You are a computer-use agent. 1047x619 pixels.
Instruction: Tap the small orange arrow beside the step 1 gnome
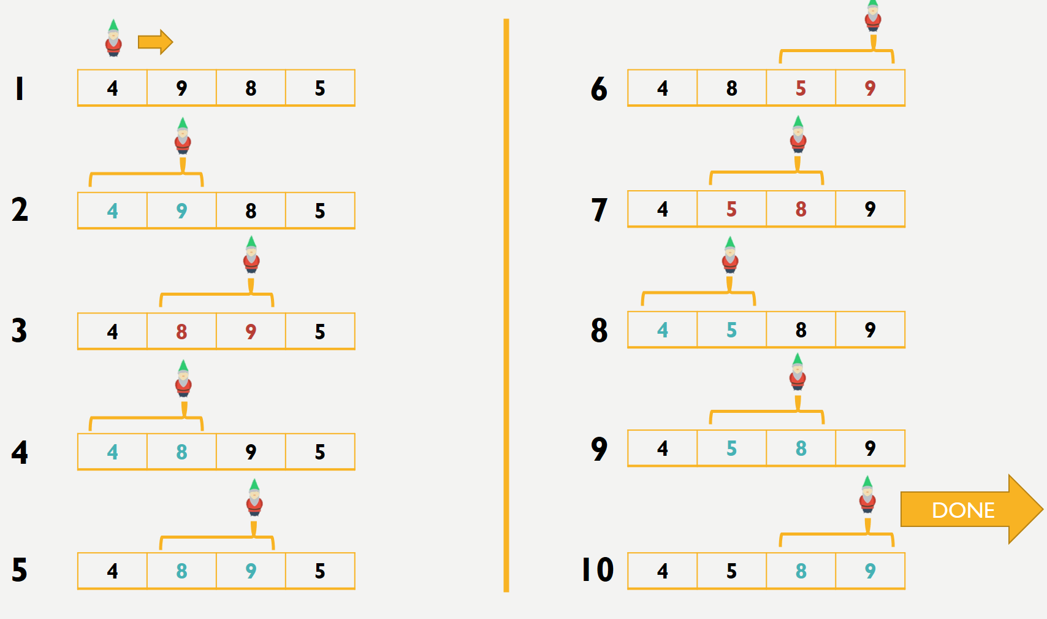pos(155,42)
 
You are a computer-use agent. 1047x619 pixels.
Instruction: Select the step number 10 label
pos(598,570)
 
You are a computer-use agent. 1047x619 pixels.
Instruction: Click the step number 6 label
pos(599,88)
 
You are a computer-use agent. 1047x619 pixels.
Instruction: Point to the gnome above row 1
pos(113,38)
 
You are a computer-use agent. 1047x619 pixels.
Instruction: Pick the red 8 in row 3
pos(181,332)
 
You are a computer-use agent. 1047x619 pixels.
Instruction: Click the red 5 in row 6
pos(801,88)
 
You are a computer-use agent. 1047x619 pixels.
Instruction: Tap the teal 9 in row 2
pos(181,211)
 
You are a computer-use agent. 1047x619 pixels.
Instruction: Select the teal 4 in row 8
pos(662,330)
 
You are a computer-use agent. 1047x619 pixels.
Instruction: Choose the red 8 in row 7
pos(801,209)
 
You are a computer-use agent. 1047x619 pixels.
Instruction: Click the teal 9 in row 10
pos(870,571)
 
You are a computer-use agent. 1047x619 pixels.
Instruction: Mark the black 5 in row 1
pos(320,88)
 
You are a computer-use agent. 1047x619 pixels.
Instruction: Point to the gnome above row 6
pos(873,16)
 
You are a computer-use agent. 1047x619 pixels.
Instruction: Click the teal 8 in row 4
pos(181,452)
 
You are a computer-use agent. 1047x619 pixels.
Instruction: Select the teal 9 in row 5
pos(251,571)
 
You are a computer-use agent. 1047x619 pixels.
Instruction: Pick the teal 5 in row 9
pos(731,448)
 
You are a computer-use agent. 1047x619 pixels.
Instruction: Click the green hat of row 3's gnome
pos(251,242)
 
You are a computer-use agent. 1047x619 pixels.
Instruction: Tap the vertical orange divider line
pos(506,306)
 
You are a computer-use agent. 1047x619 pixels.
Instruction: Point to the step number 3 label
pos(19,331)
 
